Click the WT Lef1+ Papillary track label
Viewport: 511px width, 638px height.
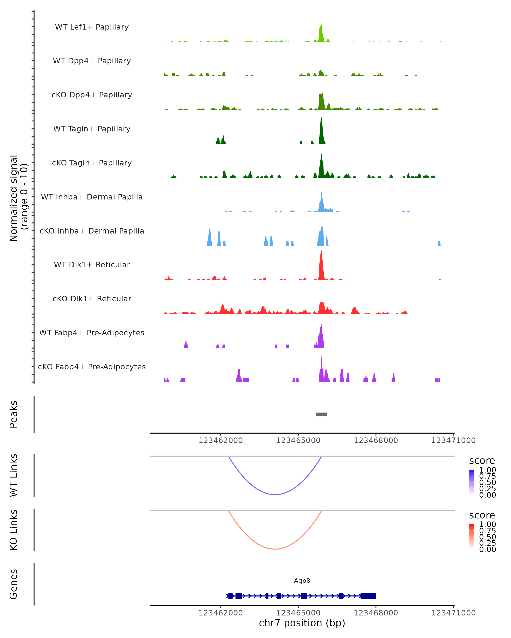tap(92, 27)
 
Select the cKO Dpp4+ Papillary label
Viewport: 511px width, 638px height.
tap(92, 95)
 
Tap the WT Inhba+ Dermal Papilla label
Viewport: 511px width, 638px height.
tap(92, 197)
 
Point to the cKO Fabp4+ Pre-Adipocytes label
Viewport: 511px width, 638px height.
tap(92, 367)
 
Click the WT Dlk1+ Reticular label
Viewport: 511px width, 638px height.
tap(92, 265)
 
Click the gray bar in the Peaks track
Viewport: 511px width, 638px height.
tap(322, 414)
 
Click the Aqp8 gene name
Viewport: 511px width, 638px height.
tap(302, 581)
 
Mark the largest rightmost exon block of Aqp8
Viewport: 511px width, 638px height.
tap(368, 596)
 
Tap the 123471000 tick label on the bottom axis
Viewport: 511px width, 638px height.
tap(453, 613)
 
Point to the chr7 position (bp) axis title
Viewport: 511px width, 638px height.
tap(302, 623)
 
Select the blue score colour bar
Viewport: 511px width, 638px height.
tap(472, 482)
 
